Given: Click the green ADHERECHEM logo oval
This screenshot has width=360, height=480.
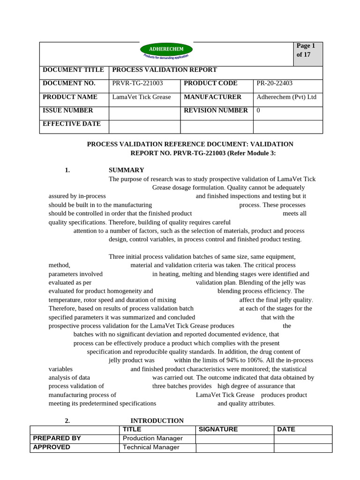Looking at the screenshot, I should pos(166,49).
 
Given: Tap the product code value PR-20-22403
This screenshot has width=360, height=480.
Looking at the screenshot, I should pos(275,83).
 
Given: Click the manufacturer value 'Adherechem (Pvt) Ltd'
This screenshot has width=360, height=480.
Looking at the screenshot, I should pos(286,97).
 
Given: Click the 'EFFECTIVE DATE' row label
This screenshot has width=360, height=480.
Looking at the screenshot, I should pos(72,124).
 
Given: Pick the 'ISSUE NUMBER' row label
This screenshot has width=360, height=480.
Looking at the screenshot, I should pos(68,111).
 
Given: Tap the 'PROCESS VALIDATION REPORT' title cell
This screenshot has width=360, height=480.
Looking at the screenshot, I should pos(165,70).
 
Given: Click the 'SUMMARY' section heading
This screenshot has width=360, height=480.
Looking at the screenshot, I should pos(127,170).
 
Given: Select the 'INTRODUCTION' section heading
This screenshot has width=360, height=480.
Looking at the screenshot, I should pos(157,421).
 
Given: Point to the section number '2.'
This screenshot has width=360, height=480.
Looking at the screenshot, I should pos(67,421).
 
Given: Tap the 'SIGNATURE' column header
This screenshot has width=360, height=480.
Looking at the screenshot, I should pos(218,429).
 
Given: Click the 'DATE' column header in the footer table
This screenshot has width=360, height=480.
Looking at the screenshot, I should pos(286,429).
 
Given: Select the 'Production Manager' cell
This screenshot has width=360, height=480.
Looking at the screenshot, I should pos(152,438).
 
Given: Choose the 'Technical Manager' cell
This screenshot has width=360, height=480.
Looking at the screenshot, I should pos(151,447).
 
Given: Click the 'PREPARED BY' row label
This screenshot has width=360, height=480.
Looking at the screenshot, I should pos(57,438).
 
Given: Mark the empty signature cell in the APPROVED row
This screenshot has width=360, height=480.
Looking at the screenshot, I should pos(235,447).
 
